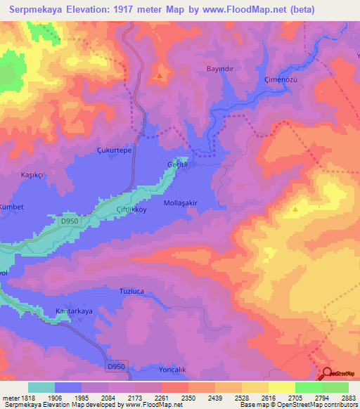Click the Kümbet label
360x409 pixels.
click(x=12, y=207)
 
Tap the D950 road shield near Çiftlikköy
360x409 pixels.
click(x=70, y=221)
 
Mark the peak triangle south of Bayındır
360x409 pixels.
click(x=160, y=75)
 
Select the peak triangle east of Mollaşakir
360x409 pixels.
click(x=296, y=209)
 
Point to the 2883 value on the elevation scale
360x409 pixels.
click(x=349, y=398)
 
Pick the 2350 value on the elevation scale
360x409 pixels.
click(x=188, y=398)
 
